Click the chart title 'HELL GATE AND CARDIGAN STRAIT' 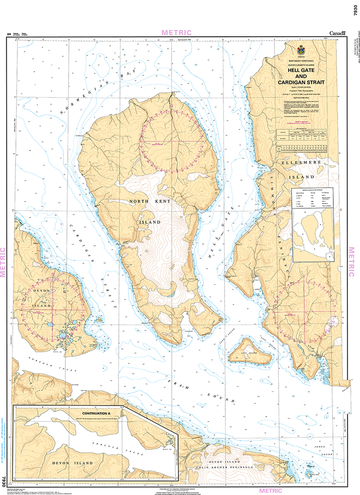pyautogui.click(x=300, y=76)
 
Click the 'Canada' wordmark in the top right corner pyautogui.click(x=337, y=33)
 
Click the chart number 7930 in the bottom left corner pyautogui.click(x=4, y=481)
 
